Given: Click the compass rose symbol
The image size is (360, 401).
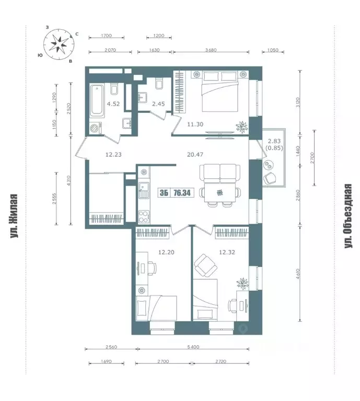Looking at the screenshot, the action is click(59, 44).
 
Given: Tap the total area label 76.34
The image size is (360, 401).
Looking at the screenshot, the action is click(182, 193).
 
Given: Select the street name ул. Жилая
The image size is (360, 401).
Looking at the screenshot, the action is click(14, 216).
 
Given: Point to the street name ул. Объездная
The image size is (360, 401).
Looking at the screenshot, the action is click(349, 216).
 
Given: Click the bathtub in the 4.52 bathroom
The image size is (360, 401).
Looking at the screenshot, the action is click(97, 100).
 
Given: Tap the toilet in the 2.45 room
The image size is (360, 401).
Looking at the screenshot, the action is click(159, 84).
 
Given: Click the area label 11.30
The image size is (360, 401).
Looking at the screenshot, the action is click(195, 124).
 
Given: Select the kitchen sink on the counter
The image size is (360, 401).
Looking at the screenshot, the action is click(144, 190).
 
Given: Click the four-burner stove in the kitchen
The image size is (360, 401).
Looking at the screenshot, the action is click(144, 216).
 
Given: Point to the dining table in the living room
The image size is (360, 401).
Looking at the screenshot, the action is click(219, 192).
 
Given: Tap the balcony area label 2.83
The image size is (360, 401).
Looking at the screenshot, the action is click(274, 141).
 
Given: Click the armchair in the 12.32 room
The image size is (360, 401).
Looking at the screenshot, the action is click(206, 265).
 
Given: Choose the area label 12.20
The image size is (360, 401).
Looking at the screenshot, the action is click(166, 253).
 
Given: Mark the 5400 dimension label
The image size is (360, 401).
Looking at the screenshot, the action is click(193, 347).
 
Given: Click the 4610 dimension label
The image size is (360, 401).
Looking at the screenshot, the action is click(299, 273).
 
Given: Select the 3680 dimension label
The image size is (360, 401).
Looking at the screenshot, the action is click(211, 50).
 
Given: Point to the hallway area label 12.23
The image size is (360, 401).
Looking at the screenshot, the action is click(113, 155).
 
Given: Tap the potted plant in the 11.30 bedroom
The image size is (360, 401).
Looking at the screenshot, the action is click(242, 127).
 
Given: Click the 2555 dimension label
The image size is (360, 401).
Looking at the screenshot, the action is click(54, 198).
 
